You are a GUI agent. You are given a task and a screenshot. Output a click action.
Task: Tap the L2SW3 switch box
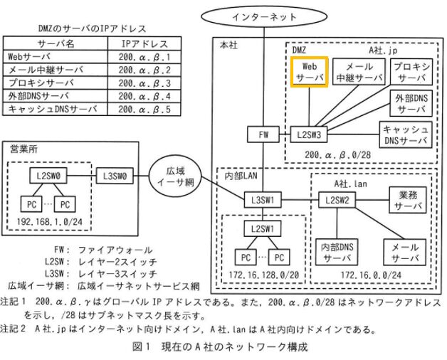click(309, 134)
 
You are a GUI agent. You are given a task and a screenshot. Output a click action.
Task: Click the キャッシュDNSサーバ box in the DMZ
click(406, 134)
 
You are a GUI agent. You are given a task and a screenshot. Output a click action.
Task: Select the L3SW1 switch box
click(263, 200)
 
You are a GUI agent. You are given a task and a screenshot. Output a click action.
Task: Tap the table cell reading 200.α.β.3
click(145, 84)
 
